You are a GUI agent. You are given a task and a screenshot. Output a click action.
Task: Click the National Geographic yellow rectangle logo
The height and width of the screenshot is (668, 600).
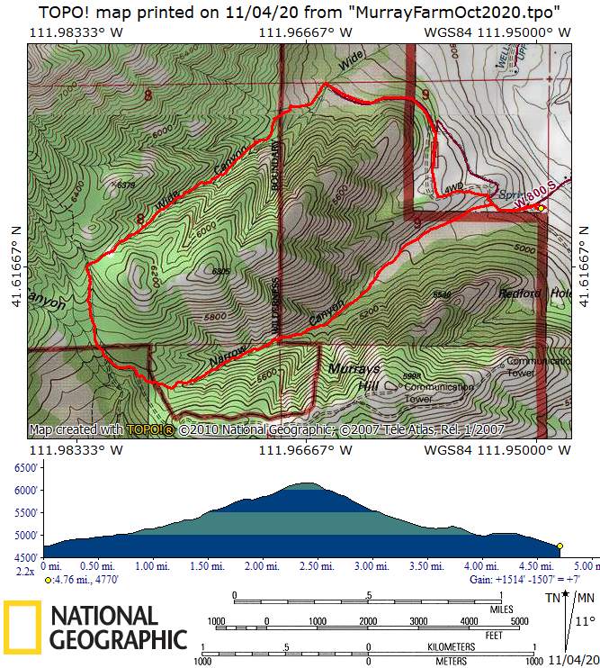tap(22, 627)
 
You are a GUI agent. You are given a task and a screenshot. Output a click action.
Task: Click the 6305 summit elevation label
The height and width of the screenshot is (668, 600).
tap(222, 271)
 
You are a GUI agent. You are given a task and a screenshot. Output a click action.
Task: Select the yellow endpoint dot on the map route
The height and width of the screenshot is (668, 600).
tap(542, 208)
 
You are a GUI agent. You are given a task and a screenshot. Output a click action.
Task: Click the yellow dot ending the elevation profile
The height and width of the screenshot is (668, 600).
tap(560, 546)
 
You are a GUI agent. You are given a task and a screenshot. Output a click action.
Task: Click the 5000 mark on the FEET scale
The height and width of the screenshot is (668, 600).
tap(518, 621)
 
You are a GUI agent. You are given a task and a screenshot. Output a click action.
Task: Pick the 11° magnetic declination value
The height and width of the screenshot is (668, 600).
tap(585, 621)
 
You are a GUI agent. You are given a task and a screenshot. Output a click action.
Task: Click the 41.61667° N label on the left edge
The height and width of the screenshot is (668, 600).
tap(13, 255)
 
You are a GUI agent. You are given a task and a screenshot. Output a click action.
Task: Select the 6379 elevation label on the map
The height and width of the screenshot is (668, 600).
tap(126, 185)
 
